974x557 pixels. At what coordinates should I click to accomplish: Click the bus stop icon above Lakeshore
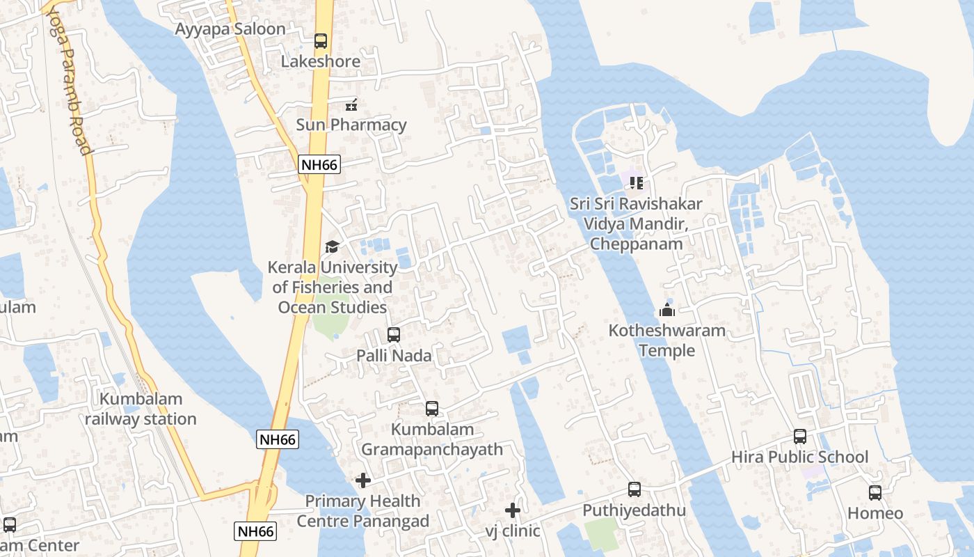click(321, 41)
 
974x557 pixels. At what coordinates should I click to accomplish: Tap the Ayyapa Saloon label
click(230, 29)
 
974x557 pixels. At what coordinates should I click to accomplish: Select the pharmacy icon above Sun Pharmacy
click(351, 105)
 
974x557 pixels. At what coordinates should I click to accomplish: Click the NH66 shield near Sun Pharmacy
click(319, 165)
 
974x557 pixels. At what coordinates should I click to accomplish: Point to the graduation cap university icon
click(332, 246)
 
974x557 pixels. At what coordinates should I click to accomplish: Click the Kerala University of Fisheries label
click(333, 287)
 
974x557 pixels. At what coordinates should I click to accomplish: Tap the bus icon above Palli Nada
click(394, 335)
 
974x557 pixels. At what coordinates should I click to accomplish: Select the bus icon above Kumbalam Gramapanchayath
click(432, 409)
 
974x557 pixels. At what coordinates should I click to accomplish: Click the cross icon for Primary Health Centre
click(363, 480)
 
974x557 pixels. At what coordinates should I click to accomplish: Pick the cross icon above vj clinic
click(513, 510)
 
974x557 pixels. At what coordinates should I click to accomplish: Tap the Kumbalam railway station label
click(141, 409)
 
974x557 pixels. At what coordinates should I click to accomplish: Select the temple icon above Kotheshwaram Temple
click(667, 310)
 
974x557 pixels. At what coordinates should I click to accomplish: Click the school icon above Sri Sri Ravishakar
click(636, 183)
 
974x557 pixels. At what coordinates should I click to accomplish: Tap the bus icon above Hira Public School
click(800, 437)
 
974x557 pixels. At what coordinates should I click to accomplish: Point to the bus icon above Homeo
click(875, 493)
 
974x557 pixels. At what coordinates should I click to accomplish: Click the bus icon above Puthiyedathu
click(634, 489)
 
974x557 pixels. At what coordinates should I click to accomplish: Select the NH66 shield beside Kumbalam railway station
click(278, 439)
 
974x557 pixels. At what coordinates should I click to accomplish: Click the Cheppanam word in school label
click(636, 244)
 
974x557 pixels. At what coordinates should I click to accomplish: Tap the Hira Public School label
click(799, 457)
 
